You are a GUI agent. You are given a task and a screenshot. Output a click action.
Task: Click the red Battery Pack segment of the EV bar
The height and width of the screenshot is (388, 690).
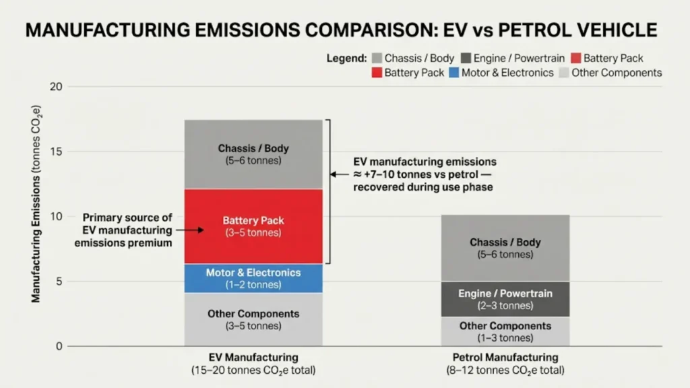point(253,226)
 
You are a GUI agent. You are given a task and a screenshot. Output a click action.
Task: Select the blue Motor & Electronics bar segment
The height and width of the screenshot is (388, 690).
point(253,278)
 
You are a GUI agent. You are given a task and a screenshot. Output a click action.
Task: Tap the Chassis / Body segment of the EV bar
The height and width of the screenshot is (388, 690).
point(253,155)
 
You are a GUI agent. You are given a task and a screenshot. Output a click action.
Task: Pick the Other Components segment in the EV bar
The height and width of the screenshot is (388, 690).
point(253,319)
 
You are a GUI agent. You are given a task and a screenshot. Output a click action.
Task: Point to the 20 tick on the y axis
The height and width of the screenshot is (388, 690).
point(56,87)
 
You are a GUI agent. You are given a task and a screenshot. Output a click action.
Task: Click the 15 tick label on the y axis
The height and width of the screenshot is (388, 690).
point(56,152)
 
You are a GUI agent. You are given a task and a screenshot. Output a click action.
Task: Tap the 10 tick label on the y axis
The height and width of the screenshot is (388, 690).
point(56,217)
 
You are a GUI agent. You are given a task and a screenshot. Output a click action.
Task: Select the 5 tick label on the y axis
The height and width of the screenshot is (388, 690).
point(59,282)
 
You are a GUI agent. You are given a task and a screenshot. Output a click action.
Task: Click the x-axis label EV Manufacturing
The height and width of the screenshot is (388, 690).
point(253,358)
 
